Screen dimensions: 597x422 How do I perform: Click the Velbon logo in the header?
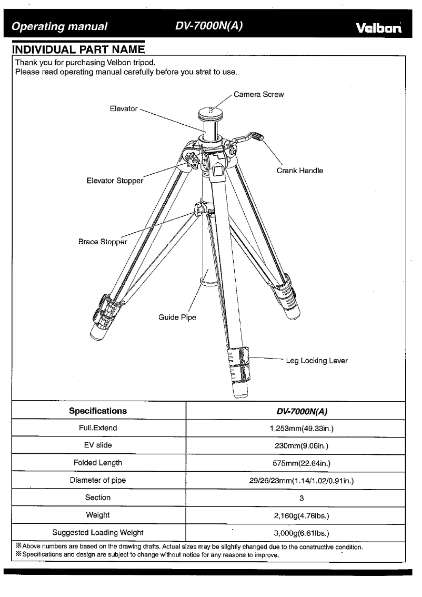point(379,27)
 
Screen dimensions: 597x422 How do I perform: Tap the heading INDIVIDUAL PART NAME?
point(78,50)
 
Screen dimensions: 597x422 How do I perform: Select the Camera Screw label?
point(258,95)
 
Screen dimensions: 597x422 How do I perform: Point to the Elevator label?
point(124,108)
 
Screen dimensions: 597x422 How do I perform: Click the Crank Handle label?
point(300,171)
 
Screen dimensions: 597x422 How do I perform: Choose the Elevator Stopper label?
point(115,181)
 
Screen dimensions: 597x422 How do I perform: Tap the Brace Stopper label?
point(103,242)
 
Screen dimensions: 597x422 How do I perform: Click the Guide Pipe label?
point(177,317)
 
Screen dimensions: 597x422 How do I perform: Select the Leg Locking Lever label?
point(316,361)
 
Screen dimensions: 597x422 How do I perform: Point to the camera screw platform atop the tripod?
point(212,112)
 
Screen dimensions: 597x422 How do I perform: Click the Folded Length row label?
point(98,463)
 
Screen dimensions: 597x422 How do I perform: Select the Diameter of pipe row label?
point(98,480)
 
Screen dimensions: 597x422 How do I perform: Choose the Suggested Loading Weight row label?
point(98,532)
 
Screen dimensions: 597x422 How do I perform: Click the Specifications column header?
point(98,411)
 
